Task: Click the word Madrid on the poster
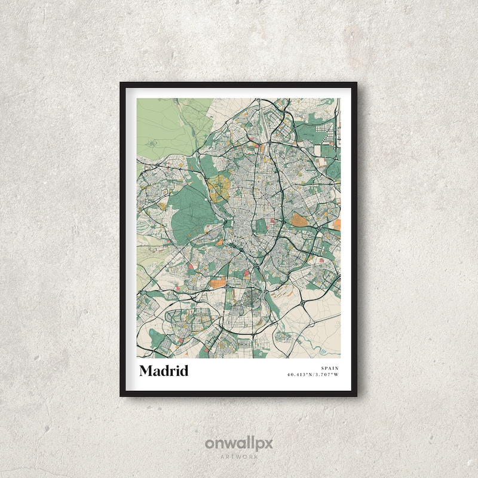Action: tap(164, 371)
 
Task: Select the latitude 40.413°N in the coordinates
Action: tap(301, 375)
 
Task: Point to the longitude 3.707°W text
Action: tap(327, 375)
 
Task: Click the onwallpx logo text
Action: tap(239, 444)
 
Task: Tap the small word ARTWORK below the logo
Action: tap(239, 456)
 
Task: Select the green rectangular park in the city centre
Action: tap(261, 226)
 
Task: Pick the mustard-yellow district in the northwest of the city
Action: tap(219, 188)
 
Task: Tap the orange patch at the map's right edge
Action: tap(336, 225)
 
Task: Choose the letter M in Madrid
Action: tap(145, 371)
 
